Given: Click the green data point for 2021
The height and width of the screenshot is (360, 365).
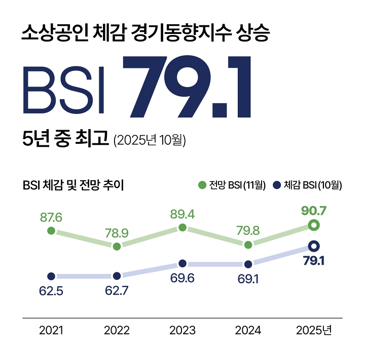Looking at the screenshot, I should pos(51,231).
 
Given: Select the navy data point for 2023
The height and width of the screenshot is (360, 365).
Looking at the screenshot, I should pos(182,264).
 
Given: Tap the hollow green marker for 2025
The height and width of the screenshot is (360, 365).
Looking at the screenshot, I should pos(314,225).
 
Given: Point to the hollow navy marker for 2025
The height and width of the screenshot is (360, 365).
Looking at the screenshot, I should pos(314,246).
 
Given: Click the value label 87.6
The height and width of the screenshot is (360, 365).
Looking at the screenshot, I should pos(51,217).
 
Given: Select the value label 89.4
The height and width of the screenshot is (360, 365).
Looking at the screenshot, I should pos(182,214).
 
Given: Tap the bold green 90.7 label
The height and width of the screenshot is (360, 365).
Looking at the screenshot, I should pos(314,210).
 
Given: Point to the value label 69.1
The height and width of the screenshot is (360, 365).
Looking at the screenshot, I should pos(248,278).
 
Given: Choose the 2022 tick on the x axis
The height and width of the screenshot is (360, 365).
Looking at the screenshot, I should pos(117,331).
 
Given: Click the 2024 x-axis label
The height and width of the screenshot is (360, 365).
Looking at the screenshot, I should pos(248,331).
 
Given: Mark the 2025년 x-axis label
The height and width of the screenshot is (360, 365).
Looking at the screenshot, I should pos(314,331).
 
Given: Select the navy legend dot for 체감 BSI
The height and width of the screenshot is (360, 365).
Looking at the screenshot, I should pos(277,185).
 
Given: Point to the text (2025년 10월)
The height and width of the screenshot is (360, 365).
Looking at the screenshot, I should pos(150,140).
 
